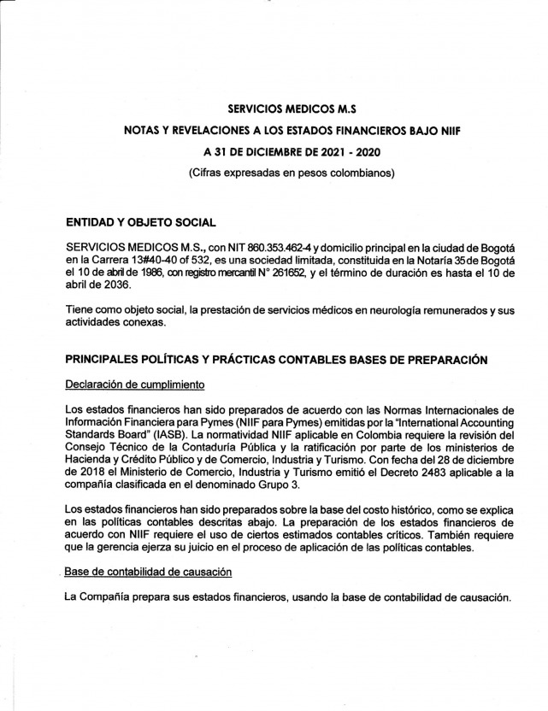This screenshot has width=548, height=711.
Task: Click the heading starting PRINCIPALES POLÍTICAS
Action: coord(276,360)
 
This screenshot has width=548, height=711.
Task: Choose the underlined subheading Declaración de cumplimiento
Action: coord(133,384)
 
